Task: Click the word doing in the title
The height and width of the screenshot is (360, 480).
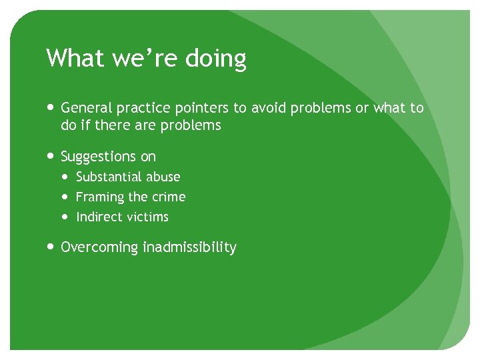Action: click(x=215, y=59)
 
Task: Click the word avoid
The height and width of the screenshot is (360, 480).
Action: click(x=271, y=108)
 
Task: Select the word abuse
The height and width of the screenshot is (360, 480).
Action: click(x=164, y=177)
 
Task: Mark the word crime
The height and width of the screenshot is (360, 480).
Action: click(x=169, y=197)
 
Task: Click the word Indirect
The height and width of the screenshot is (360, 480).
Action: click(x=99, y=217)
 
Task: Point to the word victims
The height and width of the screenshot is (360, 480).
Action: click(x=147, y=217)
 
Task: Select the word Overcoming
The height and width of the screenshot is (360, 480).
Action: click(x=99, y=248)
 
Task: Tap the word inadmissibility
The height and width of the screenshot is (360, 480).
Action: click(x=189, y=247)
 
